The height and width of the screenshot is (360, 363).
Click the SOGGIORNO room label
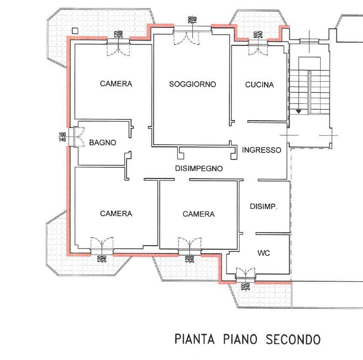tap(192, 84)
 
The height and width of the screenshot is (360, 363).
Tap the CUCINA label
tap(259, 85)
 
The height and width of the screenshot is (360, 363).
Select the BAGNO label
tap(102, 143)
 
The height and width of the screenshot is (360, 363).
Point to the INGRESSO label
tap(261, 150)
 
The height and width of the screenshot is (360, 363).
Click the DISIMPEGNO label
tap(199, 168)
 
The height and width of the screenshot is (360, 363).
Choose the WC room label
tap(264, 253)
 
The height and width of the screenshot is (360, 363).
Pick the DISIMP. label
tap(264, 206)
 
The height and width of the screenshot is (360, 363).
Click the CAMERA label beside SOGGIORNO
tap(116, 84)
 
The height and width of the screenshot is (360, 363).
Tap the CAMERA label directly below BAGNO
tap(116, 214)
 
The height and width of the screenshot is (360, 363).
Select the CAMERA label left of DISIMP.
tap(198, 214)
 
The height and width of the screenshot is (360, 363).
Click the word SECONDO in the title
tap(293, 339)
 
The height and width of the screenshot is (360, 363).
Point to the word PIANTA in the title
tap(195, 339)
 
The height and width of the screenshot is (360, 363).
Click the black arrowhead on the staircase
tap(299, 112)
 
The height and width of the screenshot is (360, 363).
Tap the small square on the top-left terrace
tap(75, 30)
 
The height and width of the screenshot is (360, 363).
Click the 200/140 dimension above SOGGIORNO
tap(192, 20)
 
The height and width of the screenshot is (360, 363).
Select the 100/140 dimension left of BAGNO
tap(62, 137)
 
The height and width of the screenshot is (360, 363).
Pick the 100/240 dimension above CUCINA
tap(258, 35)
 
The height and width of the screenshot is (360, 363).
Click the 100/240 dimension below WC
tap(245, 286)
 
